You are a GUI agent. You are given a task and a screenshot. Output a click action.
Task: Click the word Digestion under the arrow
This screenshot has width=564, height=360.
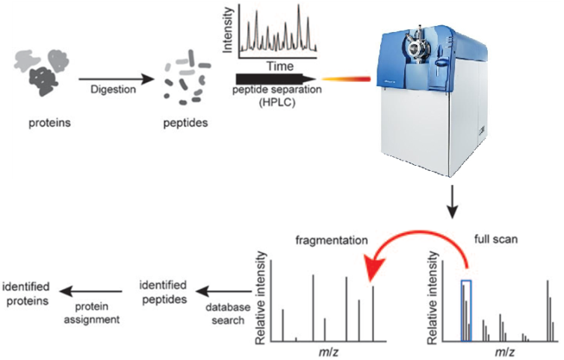[113, 89]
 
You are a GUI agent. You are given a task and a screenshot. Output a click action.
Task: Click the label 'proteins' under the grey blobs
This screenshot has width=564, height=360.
[49, 123]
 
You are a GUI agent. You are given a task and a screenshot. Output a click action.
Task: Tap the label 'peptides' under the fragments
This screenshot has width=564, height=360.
[185, 123]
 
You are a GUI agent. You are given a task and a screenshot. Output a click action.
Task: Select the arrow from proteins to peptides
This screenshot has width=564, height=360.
[117, 79]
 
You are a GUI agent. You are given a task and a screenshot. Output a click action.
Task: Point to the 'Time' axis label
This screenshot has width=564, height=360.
[280, 66]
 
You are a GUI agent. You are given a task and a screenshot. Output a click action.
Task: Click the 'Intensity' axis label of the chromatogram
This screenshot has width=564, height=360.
[228, 30]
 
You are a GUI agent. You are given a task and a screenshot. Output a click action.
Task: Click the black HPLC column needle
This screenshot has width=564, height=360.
[276, 79]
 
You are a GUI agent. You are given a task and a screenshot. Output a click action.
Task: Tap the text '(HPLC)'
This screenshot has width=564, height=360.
[277, 102]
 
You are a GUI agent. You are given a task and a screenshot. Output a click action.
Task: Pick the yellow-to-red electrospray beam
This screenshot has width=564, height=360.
[346, 79]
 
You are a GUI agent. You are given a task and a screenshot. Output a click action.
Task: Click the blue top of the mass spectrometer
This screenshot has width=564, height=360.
[432, 58]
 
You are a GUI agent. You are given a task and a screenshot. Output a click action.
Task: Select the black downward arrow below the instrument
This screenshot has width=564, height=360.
[453, 202]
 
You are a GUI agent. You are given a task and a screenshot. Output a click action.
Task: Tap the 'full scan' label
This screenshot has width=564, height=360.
[496, 239]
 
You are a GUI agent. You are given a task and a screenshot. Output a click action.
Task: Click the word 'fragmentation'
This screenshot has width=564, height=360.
[332, 240]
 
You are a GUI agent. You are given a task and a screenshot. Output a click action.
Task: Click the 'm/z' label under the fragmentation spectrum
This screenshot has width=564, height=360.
[329, 352]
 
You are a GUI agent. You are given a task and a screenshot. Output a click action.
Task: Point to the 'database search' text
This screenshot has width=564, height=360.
[228, 314]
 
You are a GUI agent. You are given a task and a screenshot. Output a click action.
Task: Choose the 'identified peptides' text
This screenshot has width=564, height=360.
[164, 292]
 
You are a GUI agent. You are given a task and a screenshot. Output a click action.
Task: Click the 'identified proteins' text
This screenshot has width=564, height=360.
[26, 294]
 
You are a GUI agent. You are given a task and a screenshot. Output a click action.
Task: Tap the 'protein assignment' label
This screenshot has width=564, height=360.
[92, 313]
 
